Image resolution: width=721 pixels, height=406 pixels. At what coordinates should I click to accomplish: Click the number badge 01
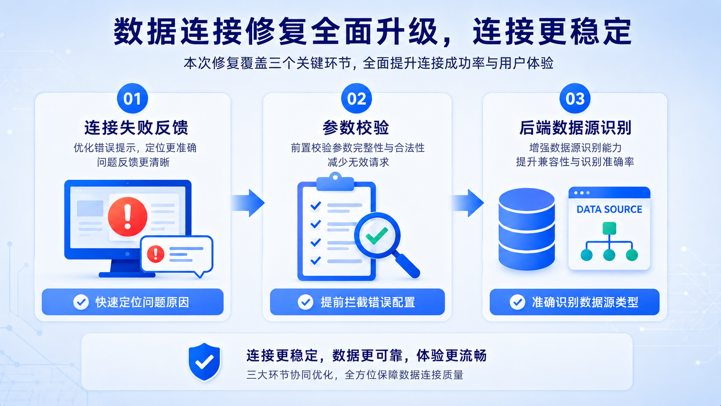click(132, 98)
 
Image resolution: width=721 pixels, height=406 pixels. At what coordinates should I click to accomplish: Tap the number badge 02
click(356, 98)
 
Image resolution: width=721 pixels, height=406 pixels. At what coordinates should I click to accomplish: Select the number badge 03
click(575, 98)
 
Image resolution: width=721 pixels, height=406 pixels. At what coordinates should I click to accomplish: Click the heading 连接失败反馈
click(136, 128)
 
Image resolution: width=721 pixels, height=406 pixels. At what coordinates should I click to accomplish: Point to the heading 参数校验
click(356, 128)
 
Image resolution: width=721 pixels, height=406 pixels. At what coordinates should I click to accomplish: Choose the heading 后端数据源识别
click(575, 128)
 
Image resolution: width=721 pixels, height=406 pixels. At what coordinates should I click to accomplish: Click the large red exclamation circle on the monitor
click(128, 217)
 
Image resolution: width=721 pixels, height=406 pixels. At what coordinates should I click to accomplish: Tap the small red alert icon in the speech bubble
click(156, 254)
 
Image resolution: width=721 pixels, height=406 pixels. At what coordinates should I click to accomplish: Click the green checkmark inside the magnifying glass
click(377, 235)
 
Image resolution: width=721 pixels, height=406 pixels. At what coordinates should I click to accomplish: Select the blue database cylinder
click(527, 229)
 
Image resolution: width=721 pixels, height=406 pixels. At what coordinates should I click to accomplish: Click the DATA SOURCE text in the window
click(609, 210)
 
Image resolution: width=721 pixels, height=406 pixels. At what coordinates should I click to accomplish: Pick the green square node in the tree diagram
click(609, 228)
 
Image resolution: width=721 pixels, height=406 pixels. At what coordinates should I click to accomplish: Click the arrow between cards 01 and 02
click(248, 203)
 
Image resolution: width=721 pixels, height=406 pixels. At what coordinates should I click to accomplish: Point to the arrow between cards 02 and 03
click(467, 203)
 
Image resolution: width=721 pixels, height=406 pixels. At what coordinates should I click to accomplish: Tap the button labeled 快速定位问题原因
click(133, 302)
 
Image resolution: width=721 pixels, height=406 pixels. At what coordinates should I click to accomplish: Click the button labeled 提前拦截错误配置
click(357, 302)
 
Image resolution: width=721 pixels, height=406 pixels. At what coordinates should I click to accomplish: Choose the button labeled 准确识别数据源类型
click(574, 302)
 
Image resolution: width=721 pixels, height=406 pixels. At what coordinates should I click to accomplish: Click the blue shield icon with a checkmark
click(204, 362)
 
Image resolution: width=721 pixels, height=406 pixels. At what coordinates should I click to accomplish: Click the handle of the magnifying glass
click(407, 265)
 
